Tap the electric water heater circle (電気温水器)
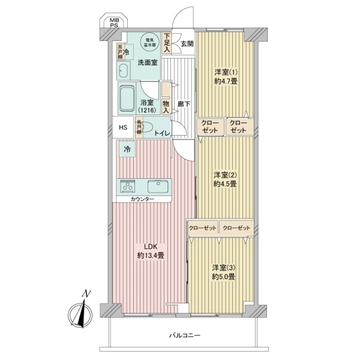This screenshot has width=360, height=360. [x=148, y=41]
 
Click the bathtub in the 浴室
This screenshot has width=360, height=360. [x=127, y=100]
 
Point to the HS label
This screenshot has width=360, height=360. [x=122, y=128]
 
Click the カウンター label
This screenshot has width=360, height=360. [x=142, y=199]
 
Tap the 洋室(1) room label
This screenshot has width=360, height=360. [x=226, y=71]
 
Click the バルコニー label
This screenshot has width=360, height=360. [x=184, y=336]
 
